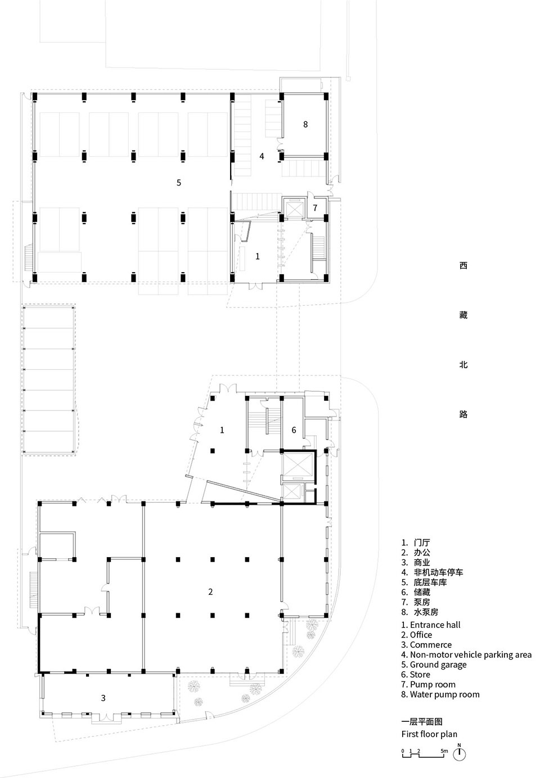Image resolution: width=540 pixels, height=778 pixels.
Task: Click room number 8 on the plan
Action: click(305, 124)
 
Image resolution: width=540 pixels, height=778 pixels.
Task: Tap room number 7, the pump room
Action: click(315, 207)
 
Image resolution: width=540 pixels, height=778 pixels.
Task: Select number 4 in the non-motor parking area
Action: click(262, 156)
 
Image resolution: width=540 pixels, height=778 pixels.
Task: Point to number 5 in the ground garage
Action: click(179, 183)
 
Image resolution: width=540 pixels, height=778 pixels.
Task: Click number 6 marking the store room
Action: click(294, 430)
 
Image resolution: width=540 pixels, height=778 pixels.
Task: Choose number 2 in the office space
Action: click(210, 591)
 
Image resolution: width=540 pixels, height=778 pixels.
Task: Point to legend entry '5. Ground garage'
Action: click(434, 664)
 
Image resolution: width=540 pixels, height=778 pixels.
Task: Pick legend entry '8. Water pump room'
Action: click(440, 694)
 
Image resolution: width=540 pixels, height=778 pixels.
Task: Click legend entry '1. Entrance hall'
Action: click(430, 625)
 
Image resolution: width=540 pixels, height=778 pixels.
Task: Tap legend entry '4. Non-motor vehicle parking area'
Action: click(466, 655)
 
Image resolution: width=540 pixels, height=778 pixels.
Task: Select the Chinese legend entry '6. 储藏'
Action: click(416, 592)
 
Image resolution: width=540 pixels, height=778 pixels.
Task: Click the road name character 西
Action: click(463, 266)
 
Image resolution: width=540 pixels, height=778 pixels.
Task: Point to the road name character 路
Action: click(463, 414)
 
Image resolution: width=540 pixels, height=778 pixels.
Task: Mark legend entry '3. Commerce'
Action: click(426, 645)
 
